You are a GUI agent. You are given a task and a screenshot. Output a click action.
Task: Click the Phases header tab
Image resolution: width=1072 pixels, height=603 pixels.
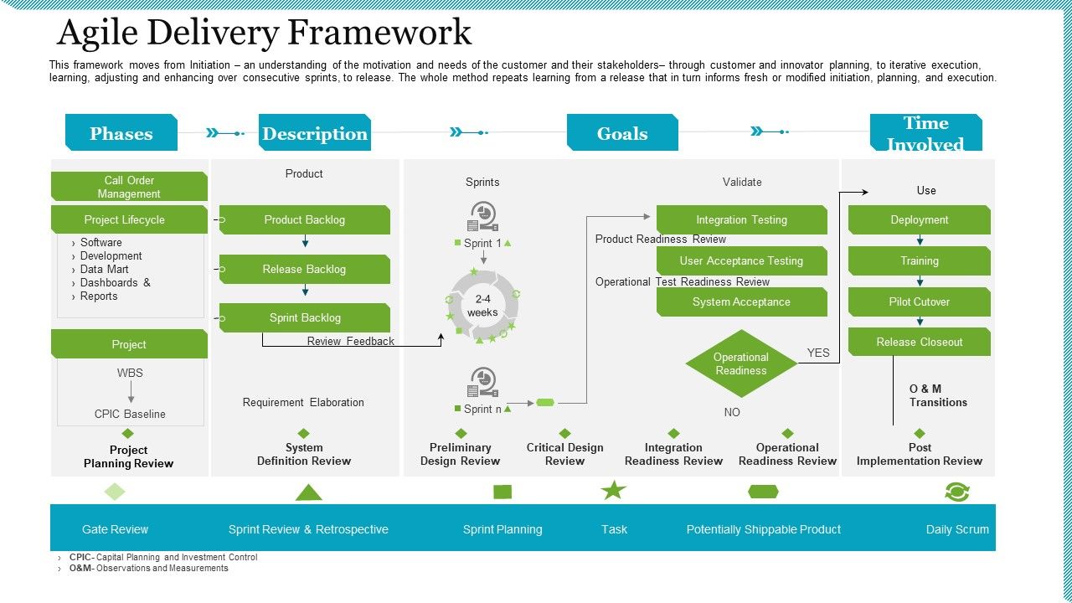(x=121, y=133)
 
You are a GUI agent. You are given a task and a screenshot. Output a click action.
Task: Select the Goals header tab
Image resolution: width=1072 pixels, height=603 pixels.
(x=622, y=133)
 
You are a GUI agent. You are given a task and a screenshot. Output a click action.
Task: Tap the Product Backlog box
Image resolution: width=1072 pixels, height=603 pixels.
(x=305, y=219)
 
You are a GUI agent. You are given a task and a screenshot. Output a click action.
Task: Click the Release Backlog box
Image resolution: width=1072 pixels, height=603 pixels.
(x=305, y=269)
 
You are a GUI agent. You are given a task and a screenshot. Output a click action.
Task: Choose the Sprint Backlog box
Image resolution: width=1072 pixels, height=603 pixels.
(x=305, y=317)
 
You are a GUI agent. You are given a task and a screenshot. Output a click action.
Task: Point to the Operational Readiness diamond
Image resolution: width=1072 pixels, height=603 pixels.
(x=740, y=363)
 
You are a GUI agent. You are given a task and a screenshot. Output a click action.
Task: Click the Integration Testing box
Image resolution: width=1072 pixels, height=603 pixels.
(x=741, y=219)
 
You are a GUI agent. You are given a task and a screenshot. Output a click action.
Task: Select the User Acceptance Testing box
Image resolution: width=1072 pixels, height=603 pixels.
(x=741, y=260)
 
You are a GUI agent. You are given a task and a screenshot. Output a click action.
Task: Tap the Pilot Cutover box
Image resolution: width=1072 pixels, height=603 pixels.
(x=919, y=301)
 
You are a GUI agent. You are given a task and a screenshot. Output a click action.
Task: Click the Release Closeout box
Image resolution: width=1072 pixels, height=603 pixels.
(x=919, y=342)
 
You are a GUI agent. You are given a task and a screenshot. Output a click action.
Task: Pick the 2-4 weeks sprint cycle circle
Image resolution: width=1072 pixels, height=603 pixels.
(x=482, y=306)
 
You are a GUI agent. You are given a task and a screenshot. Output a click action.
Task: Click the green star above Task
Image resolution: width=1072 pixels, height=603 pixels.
(x=614, y=491)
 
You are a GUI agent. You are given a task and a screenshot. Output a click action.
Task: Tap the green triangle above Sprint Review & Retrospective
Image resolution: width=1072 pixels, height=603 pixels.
(x=308, y=492)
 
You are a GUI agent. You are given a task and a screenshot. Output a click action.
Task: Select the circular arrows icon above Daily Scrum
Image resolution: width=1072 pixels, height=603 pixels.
(x=956, y=492)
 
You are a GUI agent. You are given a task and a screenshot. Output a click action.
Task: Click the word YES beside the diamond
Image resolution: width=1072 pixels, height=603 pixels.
(x=818, y=353)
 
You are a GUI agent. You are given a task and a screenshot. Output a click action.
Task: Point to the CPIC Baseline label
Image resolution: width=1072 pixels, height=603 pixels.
(x=130, y=414)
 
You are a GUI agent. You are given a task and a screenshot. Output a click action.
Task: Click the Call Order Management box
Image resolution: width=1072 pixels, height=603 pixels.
(x=129, y=187)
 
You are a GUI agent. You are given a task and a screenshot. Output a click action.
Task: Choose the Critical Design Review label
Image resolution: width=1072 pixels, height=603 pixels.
(x=564, y=454)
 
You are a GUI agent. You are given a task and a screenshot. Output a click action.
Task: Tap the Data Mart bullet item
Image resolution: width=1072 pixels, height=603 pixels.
(x=105, y=269)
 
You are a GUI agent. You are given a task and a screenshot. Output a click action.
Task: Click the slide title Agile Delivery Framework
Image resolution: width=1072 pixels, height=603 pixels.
(x=264, y=33)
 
